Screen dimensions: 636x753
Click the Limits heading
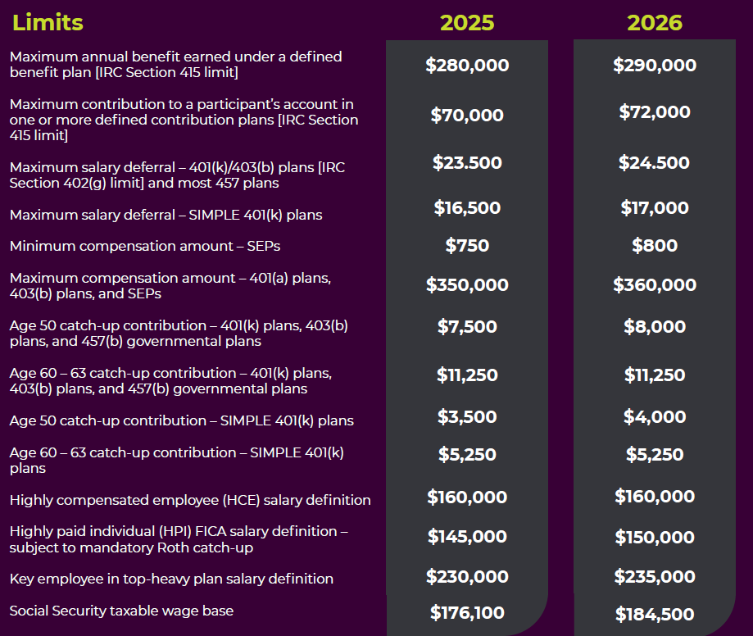48,22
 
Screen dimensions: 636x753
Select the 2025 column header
467,22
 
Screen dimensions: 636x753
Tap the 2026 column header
655,22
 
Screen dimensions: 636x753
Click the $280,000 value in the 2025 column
467,65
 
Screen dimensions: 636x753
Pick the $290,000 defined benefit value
655,65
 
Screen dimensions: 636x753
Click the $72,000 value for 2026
655,112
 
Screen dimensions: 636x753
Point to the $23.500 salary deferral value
467,162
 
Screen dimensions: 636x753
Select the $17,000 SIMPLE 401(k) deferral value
655,208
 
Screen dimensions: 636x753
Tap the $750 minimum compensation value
467,245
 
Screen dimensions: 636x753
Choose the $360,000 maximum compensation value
655,285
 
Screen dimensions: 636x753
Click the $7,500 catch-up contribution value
467,326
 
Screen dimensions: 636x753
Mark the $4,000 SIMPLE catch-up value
655,416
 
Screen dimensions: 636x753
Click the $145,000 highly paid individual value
467,537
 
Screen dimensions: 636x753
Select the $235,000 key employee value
655,577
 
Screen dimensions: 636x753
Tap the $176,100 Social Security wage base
467,612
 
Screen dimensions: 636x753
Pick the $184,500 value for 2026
655,614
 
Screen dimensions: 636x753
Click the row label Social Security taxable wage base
121,611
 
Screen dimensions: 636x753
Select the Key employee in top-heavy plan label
171,579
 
